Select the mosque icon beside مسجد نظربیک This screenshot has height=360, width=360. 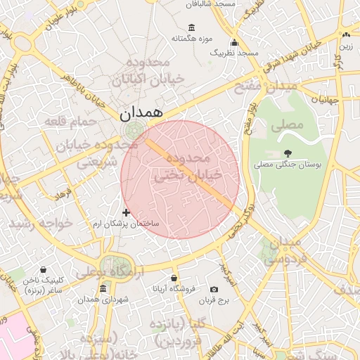(233, 41)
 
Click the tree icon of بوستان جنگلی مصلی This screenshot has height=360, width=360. (287, 153)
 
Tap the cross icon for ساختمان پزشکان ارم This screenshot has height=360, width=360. (127, 212)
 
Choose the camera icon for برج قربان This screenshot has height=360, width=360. (214, 289)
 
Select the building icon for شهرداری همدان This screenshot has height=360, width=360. (103, 288)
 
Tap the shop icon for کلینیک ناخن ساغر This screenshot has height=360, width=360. (44, 269)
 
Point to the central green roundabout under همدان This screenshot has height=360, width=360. (131, 130)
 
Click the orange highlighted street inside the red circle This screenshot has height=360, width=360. (190, 172)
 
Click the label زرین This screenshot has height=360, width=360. (347, 46)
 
